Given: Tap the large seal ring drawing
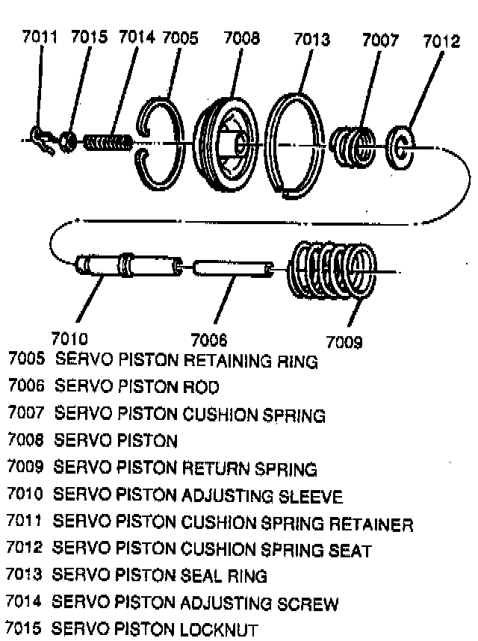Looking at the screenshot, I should coord(296,142).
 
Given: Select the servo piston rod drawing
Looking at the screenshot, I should coord(232,267).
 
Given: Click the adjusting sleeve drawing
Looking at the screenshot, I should coord(128,265).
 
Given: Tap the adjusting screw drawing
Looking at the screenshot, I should coord(109,140).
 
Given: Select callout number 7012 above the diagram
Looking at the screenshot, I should coord(441,41).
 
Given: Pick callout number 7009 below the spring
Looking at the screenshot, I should coord(344,342).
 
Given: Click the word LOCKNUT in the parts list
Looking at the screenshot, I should coord(221,630).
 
